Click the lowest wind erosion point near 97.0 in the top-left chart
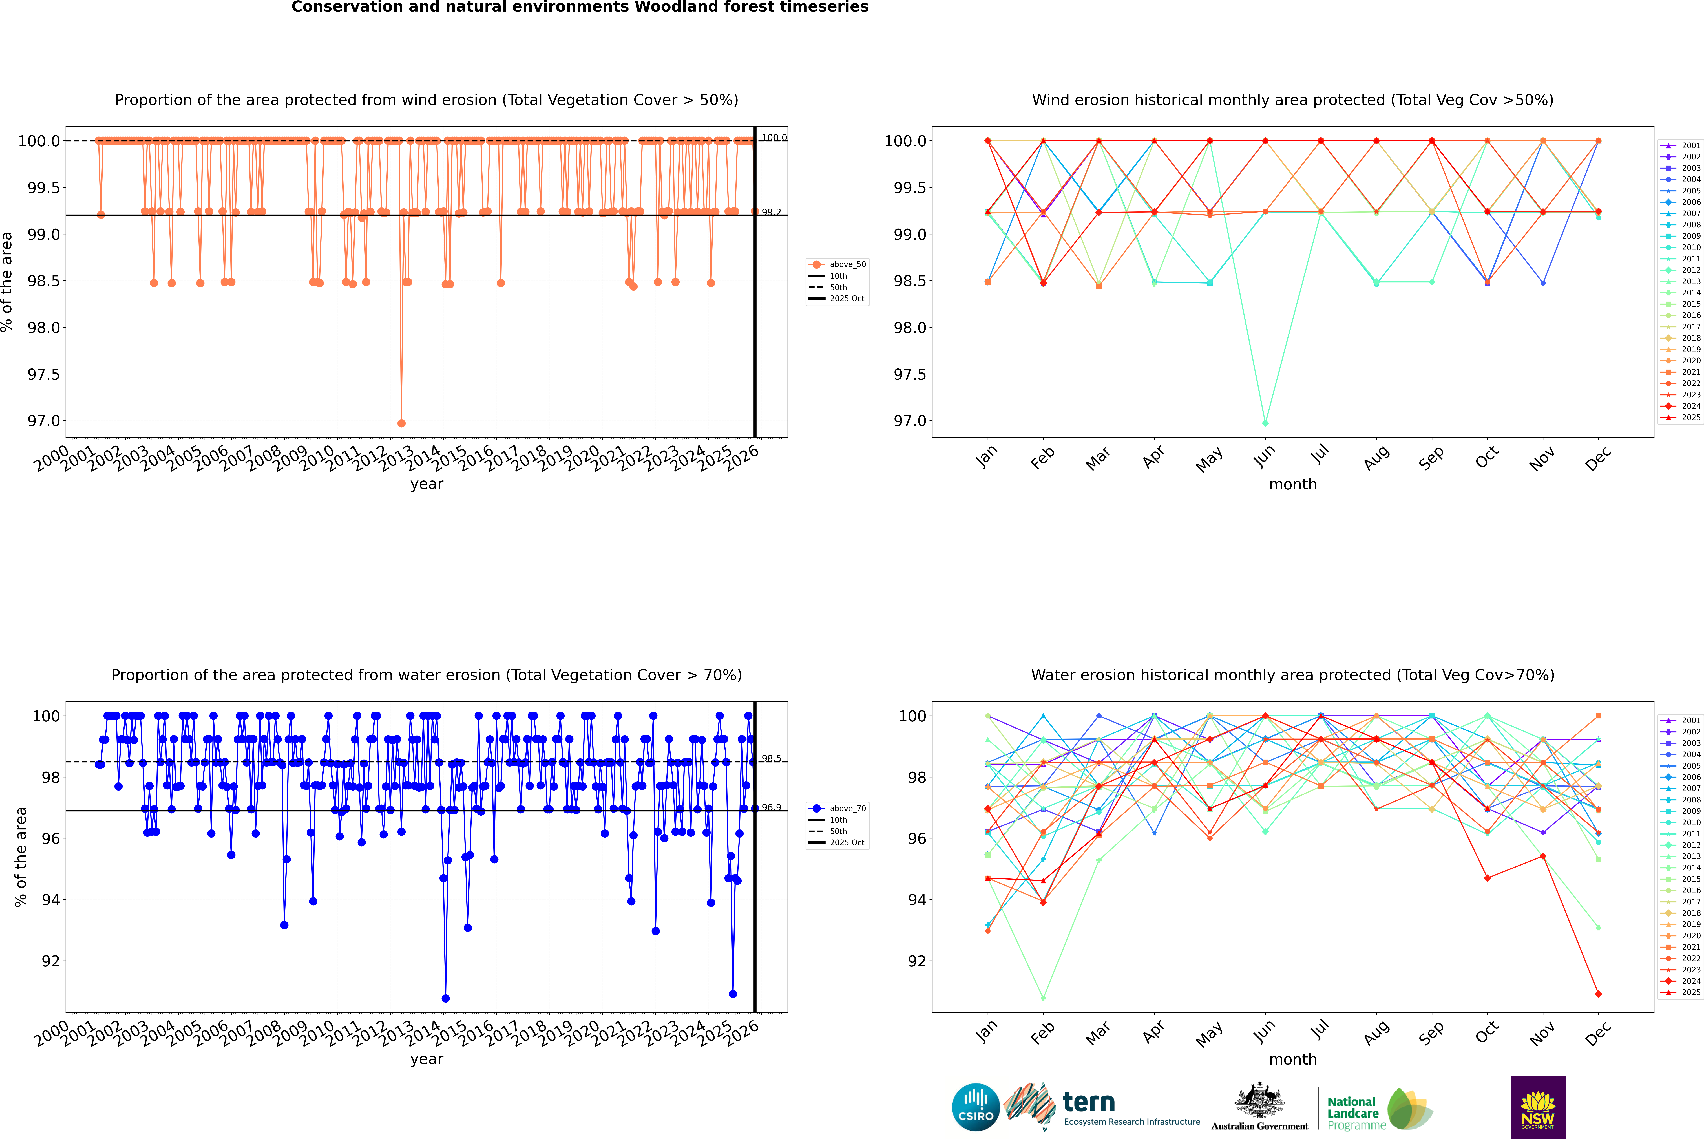click(x=402, y=423)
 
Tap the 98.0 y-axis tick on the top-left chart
click(x=44, y=328)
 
